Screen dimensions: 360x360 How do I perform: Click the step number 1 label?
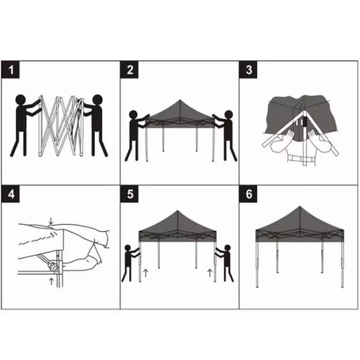(x=10, y=70)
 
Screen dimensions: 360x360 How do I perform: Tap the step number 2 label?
(x=130, y=70)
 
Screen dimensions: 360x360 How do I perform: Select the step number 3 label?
(x=248, y=70)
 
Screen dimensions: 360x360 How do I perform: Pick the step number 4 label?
(x=10, y=194)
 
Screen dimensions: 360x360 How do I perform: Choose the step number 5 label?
(x=130, y=194)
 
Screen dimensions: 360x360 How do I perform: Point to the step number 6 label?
(x=248, y=194)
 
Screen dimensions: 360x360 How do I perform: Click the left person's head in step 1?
(x=21, y=100)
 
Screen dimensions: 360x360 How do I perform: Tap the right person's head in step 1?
(x=97, y=100)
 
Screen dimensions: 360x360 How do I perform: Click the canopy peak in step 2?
(x=180, y=100)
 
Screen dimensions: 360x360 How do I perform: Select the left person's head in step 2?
(x=134, y=115)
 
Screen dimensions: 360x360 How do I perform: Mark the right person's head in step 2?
(x=229, y=115)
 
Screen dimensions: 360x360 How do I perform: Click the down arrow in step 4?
(x=51, y=221)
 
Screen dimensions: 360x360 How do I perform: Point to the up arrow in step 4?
(x=51, y=281)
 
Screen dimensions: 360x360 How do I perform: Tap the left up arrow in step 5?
(x=146, y=273)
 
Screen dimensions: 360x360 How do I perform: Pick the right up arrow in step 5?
(x=210, y=273)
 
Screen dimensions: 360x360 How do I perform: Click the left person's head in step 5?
(x=127, y=248)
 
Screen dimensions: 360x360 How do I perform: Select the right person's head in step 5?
(x=227, y=248)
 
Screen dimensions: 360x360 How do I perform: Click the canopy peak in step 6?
(x=300, y=207)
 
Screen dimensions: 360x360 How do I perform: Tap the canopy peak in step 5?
(x=177, y=211)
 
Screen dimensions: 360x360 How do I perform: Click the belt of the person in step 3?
(x=301, y=159)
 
